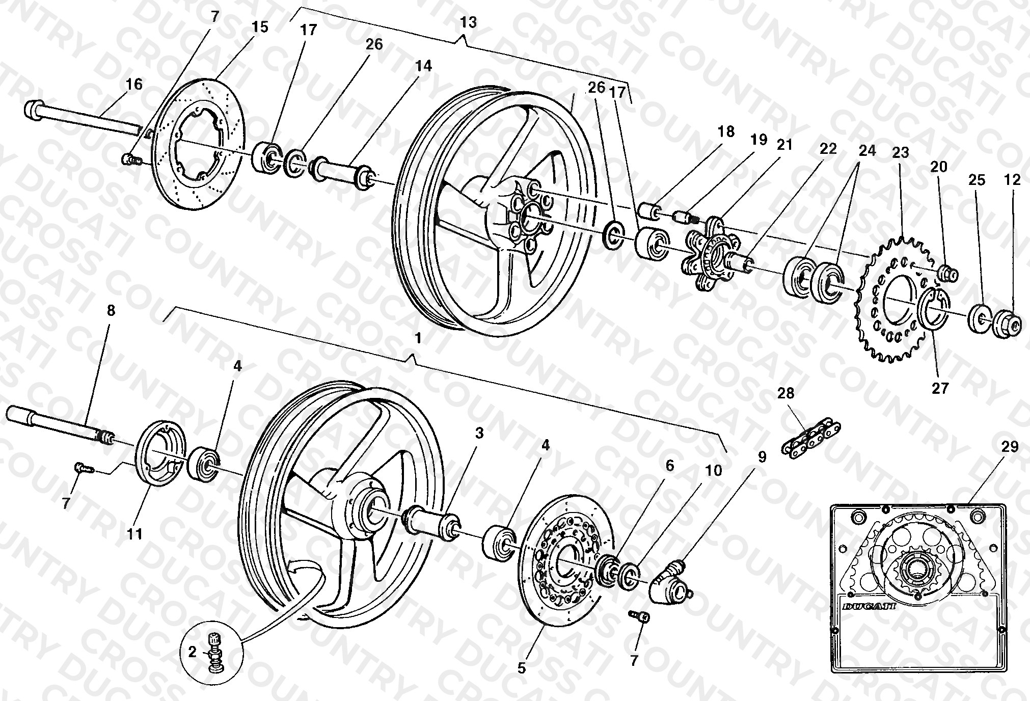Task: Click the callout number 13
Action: [x=468, y=22]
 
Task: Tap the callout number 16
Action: [x=134, y=84]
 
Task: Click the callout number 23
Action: [x=901, y=153]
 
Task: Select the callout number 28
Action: [x=786, y=393]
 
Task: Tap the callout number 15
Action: [x=260, y=26]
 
